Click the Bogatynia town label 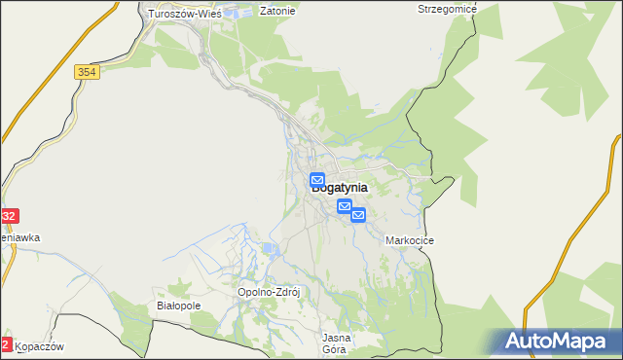[340, 189]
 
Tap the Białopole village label [178, 306]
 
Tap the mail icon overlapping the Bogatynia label [317, 180]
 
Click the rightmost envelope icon [358, 215]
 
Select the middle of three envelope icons [344, 206]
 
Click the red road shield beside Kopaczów [6, 344]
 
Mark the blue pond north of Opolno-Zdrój [269, 251]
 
